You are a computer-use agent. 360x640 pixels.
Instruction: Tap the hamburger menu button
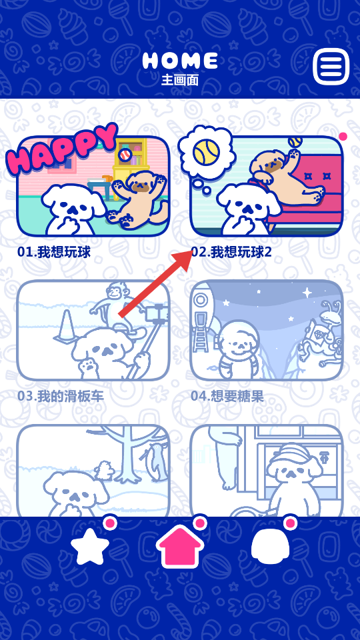(x=331, y=66)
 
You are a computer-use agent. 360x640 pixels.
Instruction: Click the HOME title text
(x=180, y=61)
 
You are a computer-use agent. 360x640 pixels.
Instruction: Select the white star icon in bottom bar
(x=90, y=546)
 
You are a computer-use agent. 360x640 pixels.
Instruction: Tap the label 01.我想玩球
(x=53, y=252)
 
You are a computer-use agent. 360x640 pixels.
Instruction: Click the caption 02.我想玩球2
(x=231, y=252)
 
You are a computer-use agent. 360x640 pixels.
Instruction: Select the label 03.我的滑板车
(x=61, y=396)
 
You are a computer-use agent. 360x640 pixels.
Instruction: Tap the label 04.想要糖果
(x=227, y=396)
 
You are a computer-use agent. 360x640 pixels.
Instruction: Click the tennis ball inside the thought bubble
(x=207, y=152)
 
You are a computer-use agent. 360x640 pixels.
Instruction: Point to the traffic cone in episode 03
(x=66, y=326)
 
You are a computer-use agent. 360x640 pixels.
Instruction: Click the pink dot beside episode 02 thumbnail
(x=343, y=136)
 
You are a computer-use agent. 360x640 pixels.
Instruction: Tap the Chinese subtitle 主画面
(x=180, y=79)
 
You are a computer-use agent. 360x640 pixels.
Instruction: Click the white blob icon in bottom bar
(x=270, y=545)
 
